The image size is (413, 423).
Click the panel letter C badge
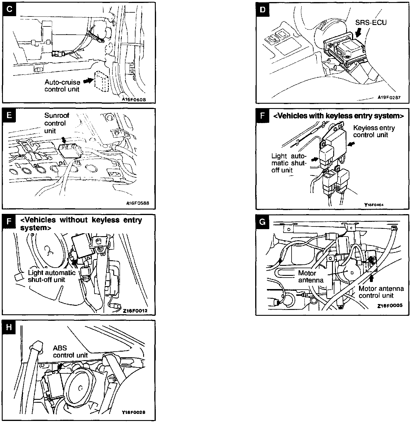coord(9,9)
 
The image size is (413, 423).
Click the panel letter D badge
coord(263,9)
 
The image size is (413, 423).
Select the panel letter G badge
coord(263,221)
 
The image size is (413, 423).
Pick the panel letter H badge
coord(9,327)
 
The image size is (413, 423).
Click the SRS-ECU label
coord(371,22)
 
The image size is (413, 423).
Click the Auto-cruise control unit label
coord(62,85)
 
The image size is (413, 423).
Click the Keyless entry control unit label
coord(374,131)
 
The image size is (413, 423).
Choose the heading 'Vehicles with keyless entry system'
coord(338,116)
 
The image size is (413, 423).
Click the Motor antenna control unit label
coord(381,292)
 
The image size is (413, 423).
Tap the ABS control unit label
coord(70,352)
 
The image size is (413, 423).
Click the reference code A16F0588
coord(136,203)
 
